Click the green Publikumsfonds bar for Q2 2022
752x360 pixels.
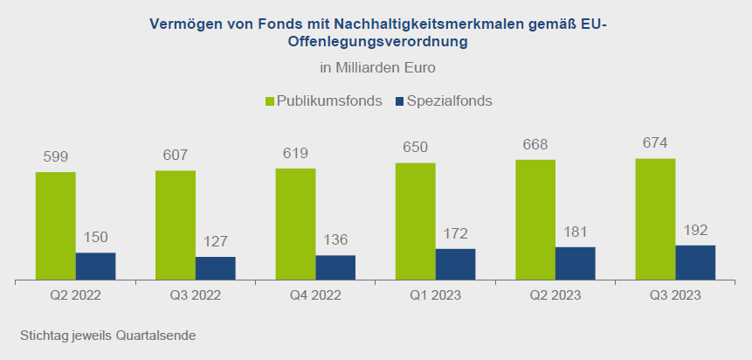click(x=56, y=225)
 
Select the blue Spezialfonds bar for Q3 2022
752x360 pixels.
click(x=216, y=268)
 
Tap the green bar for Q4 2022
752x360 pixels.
click(x=295, y=224)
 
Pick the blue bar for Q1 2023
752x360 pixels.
click(x=456, y=264)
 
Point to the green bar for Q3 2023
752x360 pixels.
click(x=655, y=218)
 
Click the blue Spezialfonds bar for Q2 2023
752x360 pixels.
click(x=576, y=263)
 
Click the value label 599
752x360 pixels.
click(x=56, y=157)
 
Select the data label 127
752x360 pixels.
click(x=216, y=241)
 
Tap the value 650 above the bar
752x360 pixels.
click(x=416, y=147)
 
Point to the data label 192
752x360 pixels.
click(x=695, y=231)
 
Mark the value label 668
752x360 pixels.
click(x=535, y=144)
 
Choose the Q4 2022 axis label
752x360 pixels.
click(x=315, y=294)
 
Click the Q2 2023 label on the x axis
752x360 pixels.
click(x=555, y=294)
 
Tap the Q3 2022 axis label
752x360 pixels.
click(x=196, y=294)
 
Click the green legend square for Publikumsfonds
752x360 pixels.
click(x=270, y=101)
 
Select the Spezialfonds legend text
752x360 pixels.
click(x=450, y=101)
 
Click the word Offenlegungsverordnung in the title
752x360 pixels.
click(x=378, y=42)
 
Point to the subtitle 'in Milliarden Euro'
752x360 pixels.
click(x=378, y=67)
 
